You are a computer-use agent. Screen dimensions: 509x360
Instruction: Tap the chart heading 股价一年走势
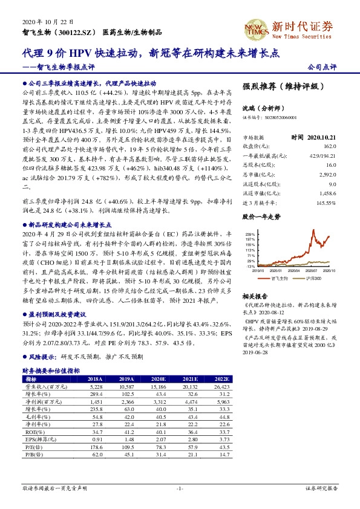pyautogui.click(x=261, y=216)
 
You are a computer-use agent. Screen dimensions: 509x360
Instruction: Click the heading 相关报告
pyautogui.click(x=252, y=296)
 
